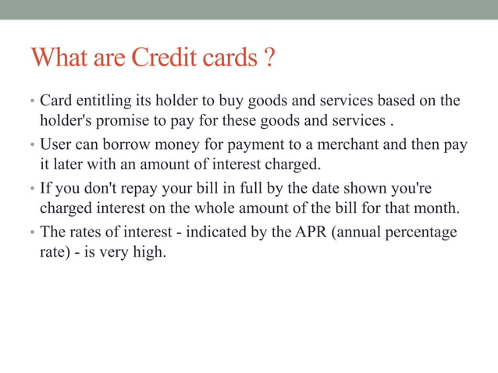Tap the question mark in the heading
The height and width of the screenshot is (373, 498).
pos(268,58)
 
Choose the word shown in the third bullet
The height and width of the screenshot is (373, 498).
pos(349,188)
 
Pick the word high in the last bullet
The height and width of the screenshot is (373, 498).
pos(150,252)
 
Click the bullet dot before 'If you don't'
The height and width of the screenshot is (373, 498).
pos(33,189)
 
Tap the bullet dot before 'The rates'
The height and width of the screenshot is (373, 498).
pos(33,233)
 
